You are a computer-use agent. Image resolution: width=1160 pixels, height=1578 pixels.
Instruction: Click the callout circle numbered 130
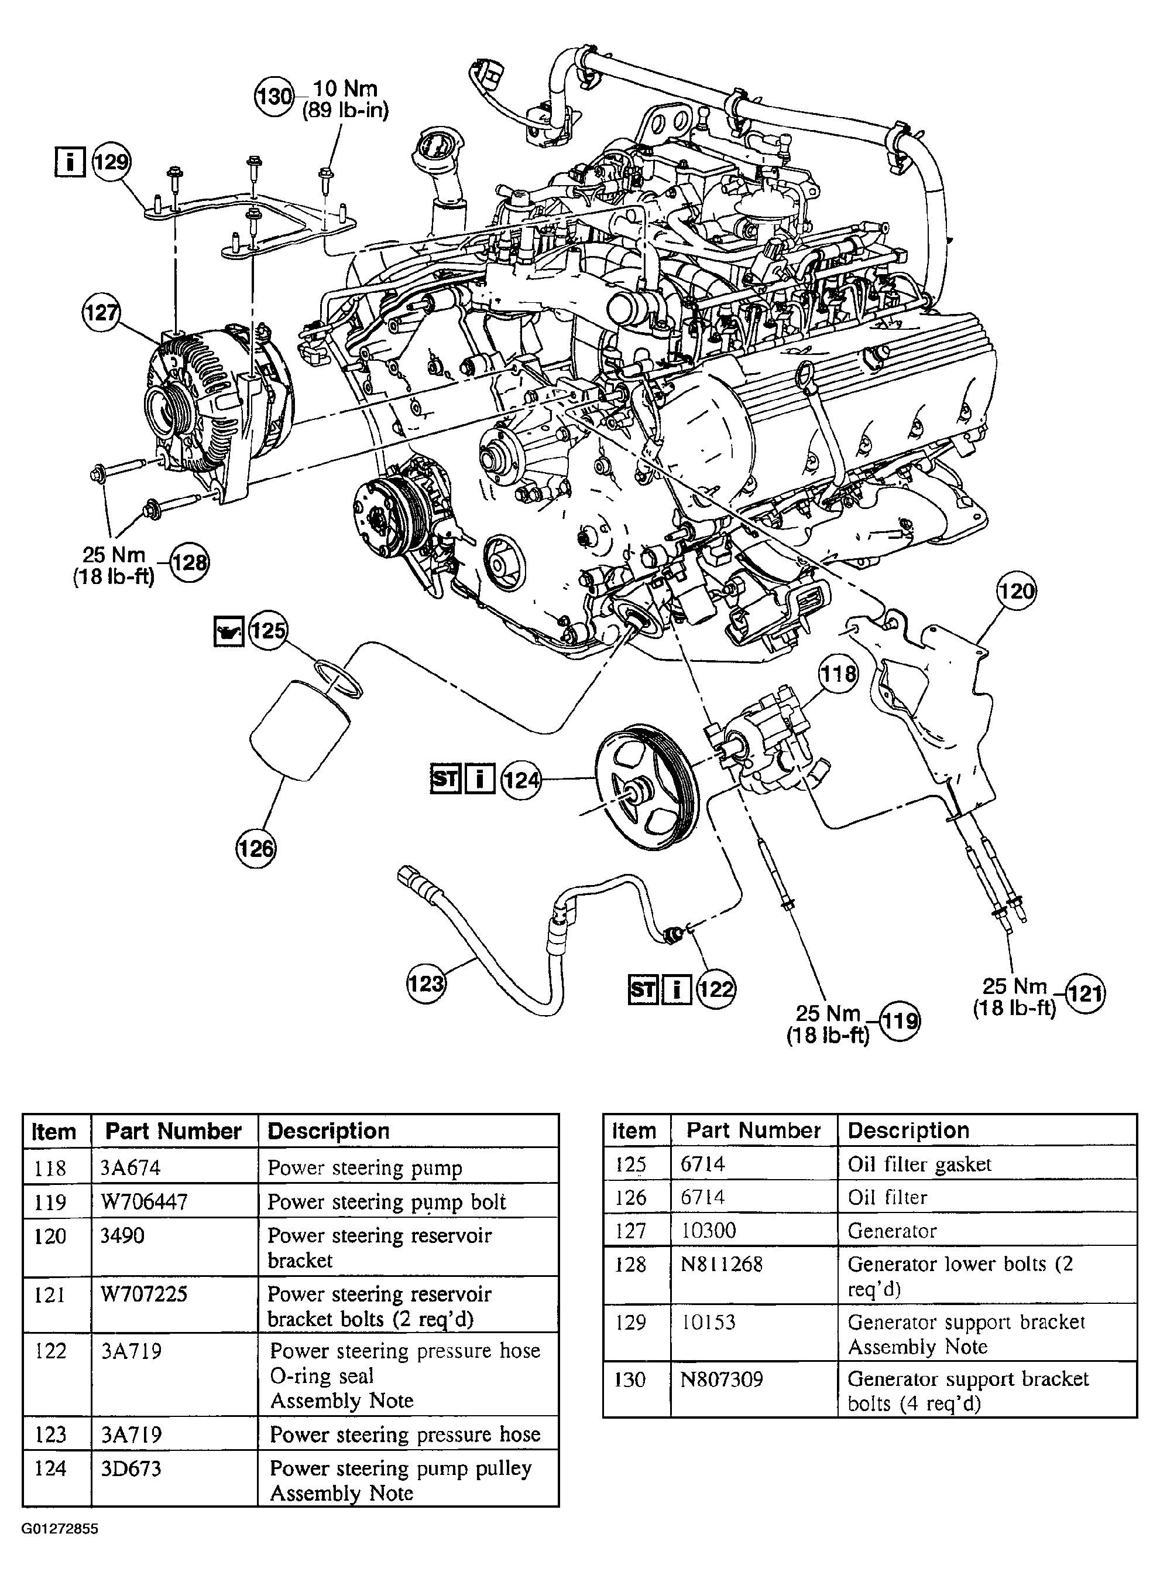coord(274,95)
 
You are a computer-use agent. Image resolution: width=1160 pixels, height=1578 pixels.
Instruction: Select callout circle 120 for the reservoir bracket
coord(1017,591)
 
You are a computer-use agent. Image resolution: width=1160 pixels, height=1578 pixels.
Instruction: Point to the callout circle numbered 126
coord(256,848)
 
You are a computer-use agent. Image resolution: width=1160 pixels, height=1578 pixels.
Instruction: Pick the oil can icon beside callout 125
coord(228,630)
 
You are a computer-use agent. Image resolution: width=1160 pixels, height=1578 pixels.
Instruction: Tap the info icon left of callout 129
coord(70,162)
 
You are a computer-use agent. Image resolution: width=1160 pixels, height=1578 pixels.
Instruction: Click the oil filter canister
coord(300,729)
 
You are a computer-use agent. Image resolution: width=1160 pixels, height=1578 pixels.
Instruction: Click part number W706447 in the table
coord(144,1202)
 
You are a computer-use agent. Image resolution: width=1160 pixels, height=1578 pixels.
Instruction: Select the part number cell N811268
coord(722,1264)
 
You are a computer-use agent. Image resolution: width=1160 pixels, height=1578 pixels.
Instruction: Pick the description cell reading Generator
coord(892,1230)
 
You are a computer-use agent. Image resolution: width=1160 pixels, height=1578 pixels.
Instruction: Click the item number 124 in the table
coord(50,1468)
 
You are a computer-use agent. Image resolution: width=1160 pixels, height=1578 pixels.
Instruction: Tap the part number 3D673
coord(131,1468)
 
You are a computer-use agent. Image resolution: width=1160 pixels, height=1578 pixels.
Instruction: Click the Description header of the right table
coord(908,1130)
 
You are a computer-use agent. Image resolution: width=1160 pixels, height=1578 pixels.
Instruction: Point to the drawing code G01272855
coord(60,1529)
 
